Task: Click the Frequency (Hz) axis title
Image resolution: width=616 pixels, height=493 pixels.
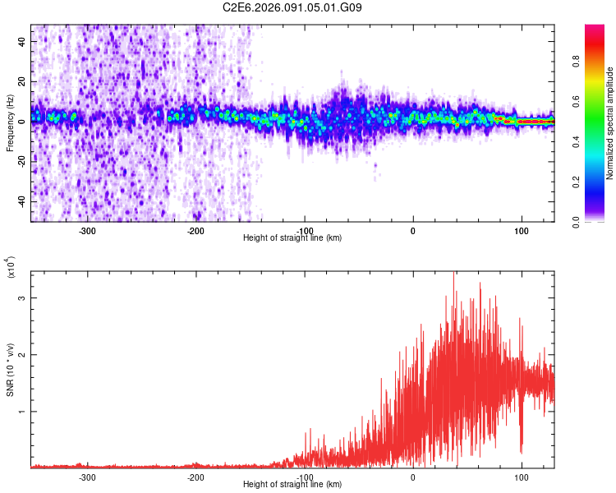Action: point(11,123)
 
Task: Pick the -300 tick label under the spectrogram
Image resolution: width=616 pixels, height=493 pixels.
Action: point(87,230)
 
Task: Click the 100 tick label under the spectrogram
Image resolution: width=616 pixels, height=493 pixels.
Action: point(521,230)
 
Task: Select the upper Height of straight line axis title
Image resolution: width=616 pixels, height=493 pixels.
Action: point(292,237)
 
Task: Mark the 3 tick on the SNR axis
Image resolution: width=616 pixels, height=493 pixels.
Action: point(23,298)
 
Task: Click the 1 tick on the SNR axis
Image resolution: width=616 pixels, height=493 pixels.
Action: point(23,412)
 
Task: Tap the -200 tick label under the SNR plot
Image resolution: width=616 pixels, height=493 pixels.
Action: point(195,477)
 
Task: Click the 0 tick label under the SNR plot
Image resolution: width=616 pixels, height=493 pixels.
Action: point(412,477)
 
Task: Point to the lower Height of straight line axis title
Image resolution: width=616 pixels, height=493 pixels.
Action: point(292,484)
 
